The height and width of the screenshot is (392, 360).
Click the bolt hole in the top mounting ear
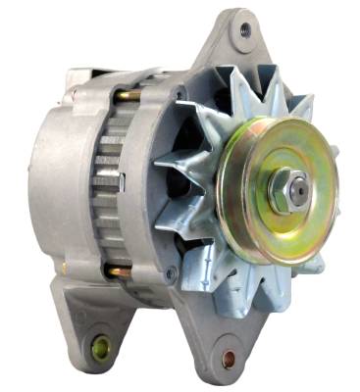click(243, 30)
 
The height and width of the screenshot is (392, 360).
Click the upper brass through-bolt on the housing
click(126, 96)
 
